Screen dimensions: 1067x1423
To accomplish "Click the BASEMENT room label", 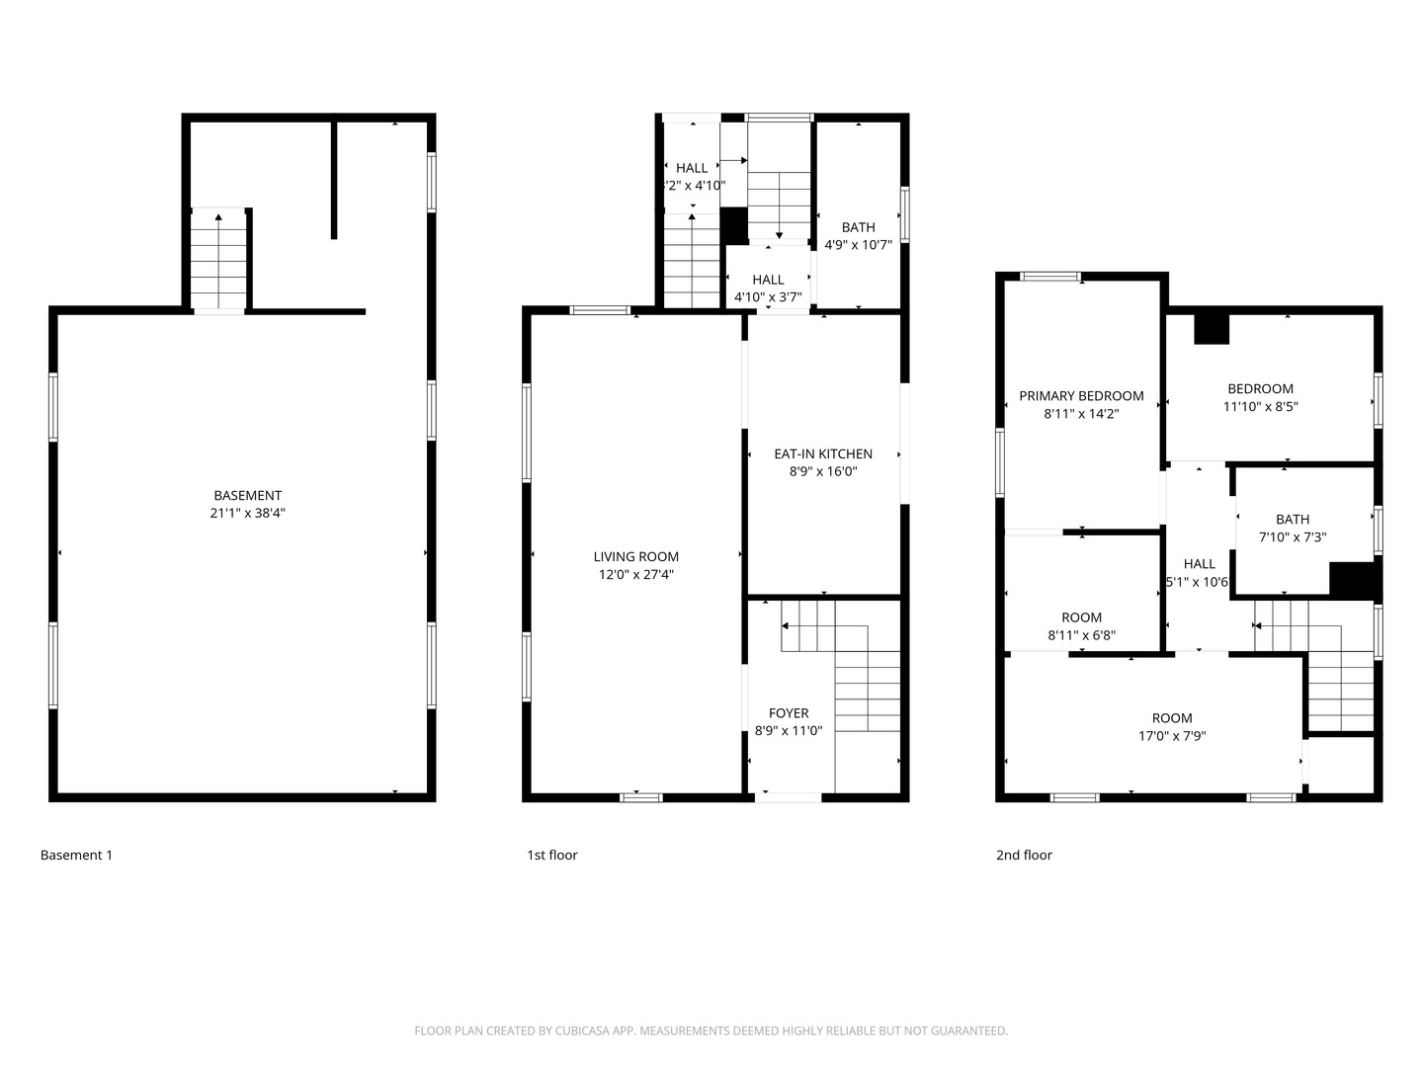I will [247, 495].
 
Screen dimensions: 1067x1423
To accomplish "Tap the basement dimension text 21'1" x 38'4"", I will [247, 513].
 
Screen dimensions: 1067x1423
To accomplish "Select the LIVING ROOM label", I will [635, 556].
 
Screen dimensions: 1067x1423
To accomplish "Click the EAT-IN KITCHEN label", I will [822, 453].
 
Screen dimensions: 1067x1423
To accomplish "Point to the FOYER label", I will [788, 713].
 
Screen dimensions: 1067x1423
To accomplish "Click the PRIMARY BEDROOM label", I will [1081, 396].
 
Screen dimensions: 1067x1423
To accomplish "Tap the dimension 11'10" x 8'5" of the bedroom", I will [1260, 406].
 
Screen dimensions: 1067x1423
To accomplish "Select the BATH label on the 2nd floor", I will [1292, 519].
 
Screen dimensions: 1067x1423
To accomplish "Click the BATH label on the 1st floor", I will [858, 227].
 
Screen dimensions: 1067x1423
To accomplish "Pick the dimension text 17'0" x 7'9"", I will [1172, 736].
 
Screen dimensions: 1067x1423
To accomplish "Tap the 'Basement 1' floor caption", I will [76, 855].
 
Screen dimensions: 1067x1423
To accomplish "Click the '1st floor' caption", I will [551, 855].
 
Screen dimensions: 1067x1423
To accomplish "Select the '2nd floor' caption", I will [1024, 855].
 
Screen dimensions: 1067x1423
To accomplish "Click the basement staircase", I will [218, 259].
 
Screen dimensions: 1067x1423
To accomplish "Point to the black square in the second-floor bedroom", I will [1212, 328].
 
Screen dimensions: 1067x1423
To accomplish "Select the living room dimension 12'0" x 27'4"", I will [635, 574].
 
